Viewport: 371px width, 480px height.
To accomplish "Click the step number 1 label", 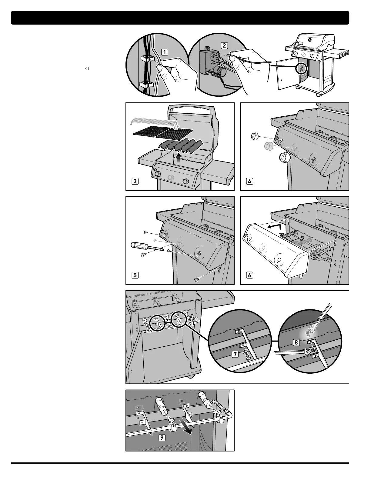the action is [164, 52].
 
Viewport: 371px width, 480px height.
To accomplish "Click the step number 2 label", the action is [224, 45].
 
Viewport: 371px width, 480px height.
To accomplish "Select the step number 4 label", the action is [249, 182].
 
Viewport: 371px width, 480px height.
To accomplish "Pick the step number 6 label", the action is [249, 275].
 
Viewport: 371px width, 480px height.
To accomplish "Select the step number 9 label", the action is [163, 438].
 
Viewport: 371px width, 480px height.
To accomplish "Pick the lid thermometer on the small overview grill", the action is [309, 40].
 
